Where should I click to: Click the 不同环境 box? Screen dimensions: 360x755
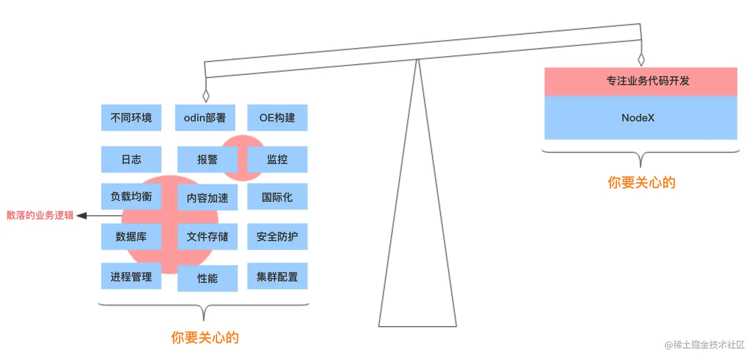[x=131, y=118]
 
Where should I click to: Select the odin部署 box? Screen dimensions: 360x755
[x=205, y=118]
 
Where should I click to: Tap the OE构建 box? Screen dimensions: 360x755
[x=277, y=118]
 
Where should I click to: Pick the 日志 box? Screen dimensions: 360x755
[x=131, y=159]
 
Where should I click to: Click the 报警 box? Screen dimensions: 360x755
[x=207, y=160]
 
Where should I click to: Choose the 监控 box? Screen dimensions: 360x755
[x=277, y=159]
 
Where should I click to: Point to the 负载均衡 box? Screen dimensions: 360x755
[x=131, y=197]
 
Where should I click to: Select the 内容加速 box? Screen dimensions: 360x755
[x=207, y=198]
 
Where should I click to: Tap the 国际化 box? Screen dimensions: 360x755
[x=277, y=197]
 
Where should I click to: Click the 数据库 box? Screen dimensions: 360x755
[x=131, y=237]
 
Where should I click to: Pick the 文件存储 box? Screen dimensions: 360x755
[x=207, y=237]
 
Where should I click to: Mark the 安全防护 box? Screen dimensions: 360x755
[x=277, y=237]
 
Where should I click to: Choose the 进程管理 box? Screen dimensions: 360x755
[x=131, y=276]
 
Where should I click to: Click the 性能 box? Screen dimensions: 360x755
[x=207, y=278]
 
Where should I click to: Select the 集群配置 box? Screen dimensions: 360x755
[x=277, y=276]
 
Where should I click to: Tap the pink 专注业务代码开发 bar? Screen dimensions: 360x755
[x=641, y=81]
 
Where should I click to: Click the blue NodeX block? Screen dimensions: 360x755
[x=641, y=118]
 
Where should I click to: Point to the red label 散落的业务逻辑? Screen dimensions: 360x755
[x=40, y=216]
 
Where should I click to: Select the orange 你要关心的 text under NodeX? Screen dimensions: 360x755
[x=641, y=183]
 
